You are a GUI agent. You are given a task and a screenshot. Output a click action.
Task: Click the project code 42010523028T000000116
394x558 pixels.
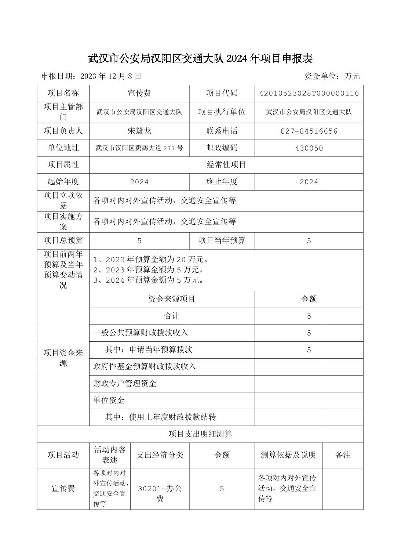coord(309,93)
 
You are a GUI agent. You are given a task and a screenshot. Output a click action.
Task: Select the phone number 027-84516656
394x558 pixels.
coord(309,131)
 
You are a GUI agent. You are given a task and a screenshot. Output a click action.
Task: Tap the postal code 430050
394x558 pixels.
coord(309,148)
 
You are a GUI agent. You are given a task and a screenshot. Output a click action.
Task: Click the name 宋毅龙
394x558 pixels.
coord(139,131)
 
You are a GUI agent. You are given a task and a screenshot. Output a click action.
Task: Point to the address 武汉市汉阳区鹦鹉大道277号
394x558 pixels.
coord(139,148)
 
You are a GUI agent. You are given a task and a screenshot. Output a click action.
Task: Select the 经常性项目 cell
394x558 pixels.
coord(226,165)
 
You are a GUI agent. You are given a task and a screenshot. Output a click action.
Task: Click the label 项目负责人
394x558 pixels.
coord(63,131)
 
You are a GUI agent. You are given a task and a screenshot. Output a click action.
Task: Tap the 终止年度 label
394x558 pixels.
coord(222,181)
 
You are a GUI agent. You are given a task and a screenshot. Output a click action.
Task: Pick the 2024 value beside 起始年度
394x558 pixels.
coord(139,182)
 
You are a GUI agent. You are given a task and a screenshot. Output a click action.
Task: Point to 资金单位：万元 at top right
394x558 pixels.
coord(332,76)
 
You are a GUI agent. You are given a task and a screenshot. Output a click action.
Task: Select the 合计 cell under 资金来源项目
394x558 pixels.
coord(171,316)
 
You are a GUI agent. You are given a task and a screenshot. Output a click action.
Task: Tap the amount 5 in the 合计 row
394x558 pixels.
coord(309,316)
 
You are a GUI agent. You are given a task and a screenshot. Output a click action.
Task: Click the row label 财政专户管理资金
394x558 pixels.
coord(125,384)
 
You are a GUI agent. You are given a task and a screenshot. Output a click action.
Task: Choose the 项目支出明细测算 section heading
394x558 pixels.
coord(200,434)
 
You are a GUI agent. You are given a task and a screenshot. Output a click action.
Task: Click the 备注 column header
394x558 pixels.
coord(343,455)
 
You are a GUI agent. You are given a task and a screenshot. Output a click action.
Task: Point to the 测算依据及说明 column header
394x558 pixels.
coord(288,455)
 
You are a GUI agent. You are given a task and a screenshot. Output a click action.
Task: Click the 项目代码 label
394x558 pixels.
coord(222,93)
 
